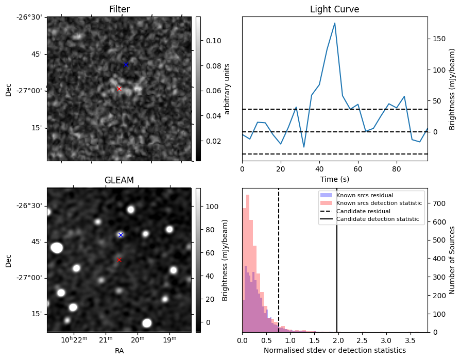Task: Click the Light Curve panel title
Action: [334, 9]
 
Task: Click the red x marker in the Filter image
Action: [119, 89]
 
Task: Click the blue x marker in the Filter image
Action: [126, 64]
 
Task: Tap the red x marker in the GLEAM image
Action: [119, 260]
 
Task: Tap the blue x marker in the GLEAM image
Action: [121, 235]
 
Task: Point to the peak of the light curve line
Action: [335, 23]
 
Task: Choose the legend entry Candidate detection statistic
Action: [379, 219]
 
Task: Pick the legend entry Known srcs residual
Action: [365, 196]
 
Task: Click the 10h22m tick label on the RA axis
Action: [74, 339]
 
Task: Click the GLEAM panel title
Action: [119, 180]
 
